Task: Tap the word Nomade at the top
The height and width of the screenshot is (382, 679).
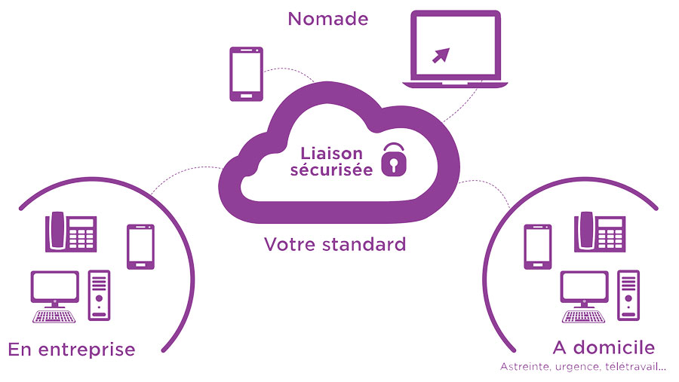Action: pyautogui.click(x=328, y=18)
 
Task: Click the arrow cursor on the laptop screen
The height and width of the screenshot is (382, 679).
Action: pyautogui.click(x=440, y=54)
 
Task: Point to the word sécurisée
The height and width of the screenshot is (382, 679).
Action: pyautogui.click(x=330, y=170)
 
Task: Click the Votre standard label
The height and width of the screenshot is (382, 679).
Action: pyautogui.click(x=335, y=244)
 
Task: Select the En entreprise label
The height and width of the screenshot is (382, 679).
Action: pyautogui.click(x=72, y=349)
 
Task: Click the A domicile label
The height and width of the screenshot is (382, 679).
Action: pyautogui.click(x=604, y=347)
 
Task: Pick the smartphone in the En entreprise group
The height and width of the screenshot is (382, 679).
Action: pyautogui.click(x=140, y=246)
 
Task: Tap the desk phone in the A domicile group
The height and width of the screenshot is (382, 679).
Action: pyautogui.click(x=600, y=231)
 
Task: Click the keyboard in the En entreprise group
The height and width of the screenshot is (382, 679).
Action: pyautogui.click(x=55, y=315)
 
